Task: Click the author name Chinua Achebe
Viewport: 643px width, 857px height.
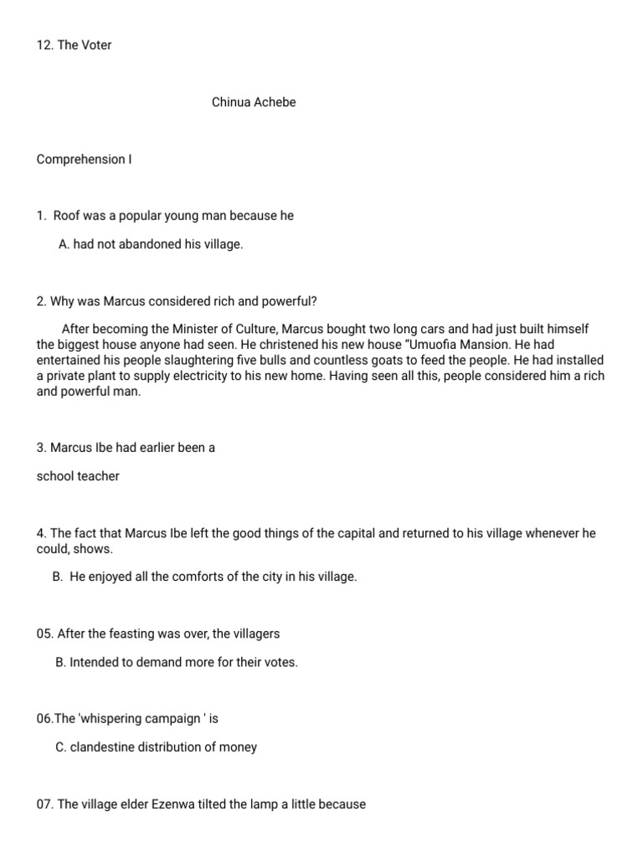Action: (x=254, y=103)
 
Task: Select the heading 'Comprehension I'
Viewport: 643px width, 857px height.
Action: (x=84, y=159)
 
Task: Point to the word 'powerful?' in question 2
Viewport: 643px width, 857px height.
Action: (x=290, y=301)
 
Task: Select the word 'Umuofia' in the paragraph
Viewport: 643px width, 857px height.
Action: (x=440, y=345)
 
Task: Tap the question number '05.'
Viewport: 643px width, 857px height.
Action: (x=45, y=634)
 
